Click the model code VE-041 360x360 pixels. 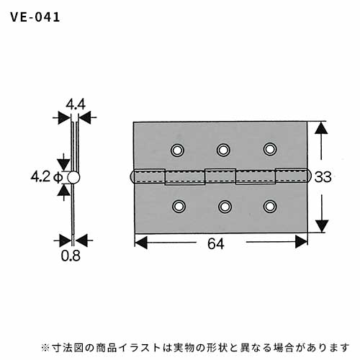[35, 17]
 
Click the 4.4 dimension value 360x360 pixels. [76, 104]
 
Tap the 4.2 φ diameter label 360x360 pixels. [47, 177]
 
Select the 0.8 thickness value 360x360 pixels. [71, 256]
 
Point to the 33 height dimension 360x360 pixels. [323, 177]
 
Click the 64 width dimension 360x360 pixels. [216, 244]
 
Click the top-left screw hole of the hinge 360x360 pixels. [177, 150]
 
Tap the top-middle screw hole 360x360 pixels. [223, 150]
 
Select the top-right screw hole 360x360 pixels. [270, 149]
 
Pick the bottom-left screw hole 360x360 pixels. [179, 207]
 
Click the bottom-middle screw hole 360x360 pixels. [225, 207]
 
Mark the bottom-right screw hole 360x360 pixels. [270, 207]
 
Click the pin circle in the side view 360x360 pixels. [73, 178]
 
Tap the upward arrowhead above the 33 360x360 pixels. [321, 127]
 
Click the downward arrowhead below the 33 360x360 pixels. [322, 226]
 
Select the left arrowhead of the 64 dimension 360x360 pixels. [141, 242]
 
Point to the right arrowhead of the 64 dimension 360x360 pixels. [301, 242]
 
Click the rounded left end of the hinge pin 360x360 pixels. [132, 177]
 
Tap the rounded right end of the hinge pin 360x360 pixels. [310, 176]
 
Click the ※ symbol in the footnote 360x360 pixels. [45, 347]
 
